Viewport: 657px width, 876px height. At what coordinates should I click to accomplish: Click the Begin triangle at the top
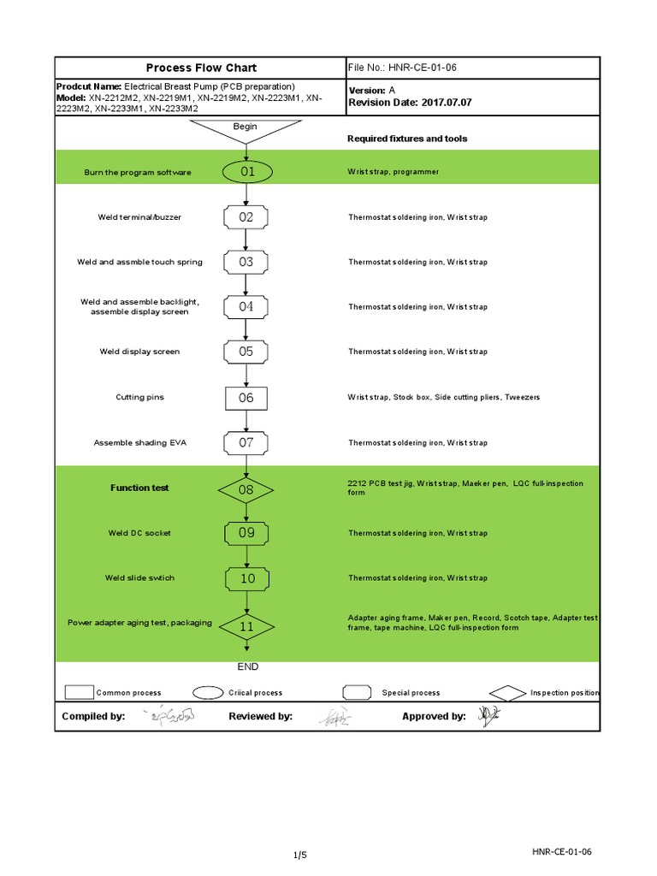246,129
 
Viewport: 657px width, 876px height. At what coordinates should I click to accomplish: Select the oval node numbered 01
246,172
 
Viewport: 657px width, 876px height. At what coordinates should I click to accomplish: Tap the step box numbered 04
246,306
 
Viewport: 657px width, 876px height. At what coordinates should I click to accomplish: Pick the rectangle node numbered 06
246,397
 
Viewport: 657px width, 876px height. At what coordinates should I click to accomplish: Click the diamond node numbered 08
246,489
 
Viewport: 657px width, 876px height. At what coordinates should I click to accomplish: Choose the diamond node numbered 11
246,625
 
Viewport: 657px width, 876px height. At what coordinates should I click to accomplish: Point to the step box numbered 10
246,578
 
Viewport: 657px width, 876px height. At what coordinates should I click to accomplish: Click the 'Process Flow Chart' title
201,68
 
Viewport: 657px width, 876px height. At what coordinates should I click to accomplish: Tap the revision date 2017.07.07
446,102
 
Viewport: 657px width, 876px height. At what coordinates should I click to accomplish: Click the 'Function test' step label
139,488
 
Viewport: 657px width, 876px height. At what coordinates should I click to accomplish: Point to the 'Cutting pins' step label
140,397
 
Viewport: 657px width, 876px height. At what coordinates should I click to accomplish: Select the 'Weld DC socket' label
139,533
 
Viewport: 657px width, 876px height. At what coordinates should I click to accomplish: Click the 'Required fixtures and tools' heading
407,139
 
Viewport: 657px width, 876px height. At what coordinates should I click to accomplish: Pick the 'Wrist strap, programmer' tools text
393,172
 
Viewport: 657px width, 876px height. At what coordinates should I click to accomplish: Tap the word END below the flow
246,666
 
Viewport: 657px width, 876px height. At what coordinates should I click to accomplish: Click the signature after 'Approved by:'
487,716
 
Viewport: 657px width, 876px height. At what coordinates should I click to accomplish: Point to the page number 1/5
299,855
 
